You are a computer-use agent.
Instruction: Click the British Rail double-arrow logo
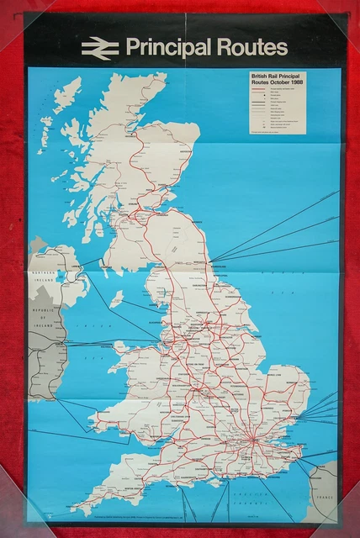tap(99, 49)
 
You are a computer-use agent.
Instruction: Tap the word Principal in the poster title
tap(168, 48)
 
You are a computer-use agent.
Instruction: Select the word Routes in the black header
tap(251, 47)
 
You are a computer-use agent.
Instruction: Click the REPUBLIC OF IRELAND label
tap(41, 313)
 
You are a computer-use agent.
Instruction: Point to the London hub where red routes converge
tap(251, 439)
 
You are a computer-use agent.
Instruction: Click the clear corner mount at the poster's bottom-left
tap(34, 514)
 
